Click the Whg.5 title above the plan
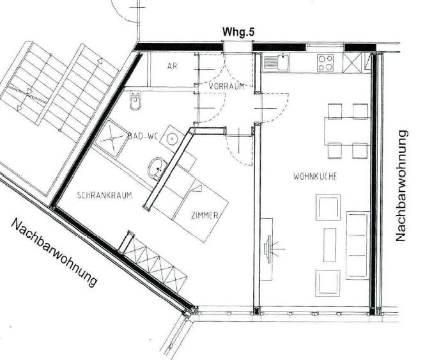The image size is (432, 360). coord(238,32)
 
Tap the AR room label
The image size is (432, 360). coord(172,66)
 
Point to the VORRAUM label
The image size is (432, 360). coord(226,86)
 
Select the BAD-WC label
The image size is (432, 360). coord(143,136)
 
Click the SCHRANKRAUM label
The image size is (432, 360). coord(104,195)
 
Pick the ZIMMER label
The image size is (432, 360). coord(204,215)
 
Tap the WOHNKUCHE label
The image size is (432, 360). coord(315,176)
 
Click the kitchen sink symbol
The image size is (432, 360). coord(276,62)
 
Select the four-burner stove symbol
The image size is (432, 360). coord(325,63)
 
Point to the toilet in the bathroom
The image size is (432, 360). coord(135,102)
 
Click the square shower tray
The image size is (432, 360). coord(112,138)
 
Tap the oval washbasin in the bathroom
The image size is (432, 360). coord(157,168)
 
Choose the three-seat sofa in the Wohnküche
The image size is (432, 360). coord(358,246)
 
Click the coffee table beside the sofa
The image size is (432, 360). coord(330,245)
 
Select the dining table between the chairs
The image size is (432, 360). coord(347,131)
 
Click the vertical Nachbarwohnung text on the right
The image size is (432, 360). coord(401,186)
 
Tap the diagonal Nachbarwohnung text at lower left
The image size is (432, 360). coord(54,253)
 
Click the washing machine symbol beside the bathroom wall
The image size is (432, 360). coord(173,137)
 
